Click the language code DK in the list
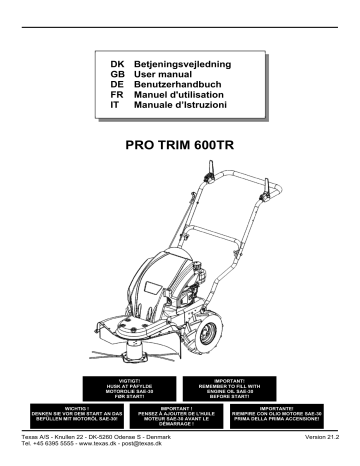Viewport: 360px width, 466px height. coord(116,63)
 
